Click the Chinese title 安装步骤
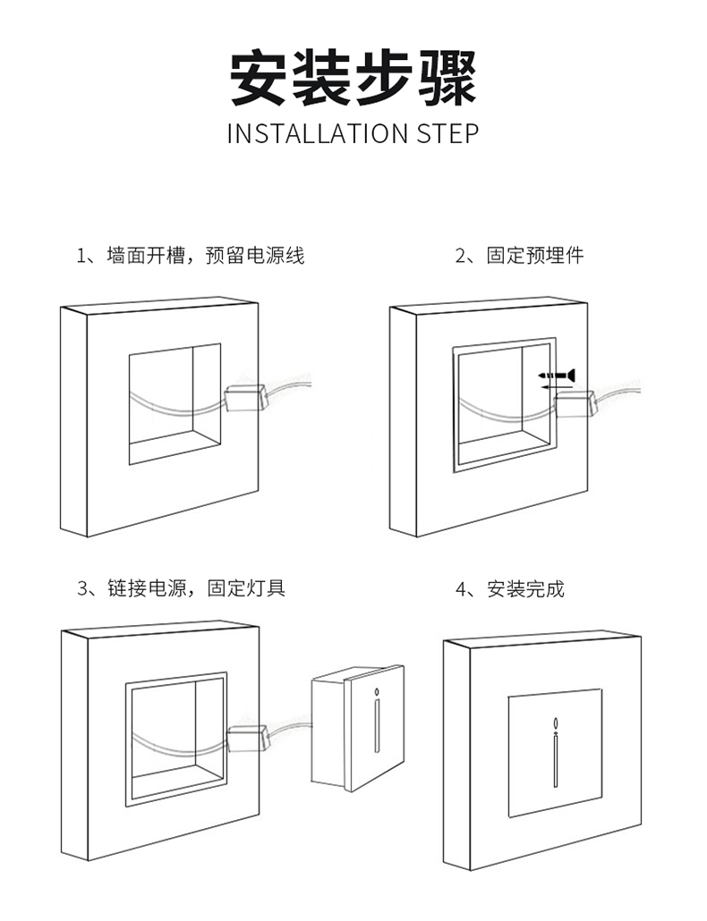click(353, 79)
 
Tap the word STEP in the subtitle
click(447, 134)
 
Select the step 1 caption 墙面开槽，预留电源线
click(190, 256)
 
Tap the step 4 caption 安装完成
click(511, 589)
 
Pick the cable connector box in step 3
click(248, 737)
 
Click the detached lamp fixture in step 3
click(356, 729)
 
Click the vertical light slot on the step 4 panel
click(556, 760)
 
